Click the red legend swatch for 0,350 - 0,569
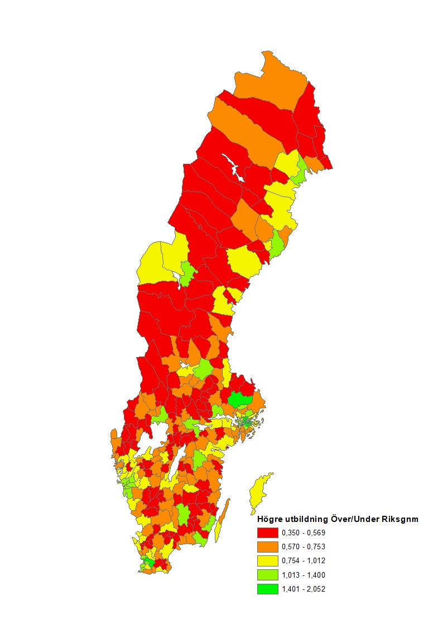coord(267,532)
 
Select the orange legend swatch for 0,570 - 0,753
coord(267,546)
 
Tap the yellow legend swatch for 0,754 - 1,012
coord(267,560)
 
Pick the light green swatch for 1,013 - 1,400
coord(267,575)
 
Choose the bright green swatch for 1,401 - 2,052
coord(267,589)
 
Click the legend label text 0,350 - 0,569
coord(304,532)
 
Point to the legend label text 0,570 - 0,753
coord(304,546)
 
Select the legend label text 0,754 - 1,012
coord(304,560)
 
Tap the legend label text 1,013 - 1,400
coord(304,575)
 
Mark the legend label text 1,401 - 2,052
coord(304,589)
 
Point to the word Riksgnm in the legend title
coord(401,519)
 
